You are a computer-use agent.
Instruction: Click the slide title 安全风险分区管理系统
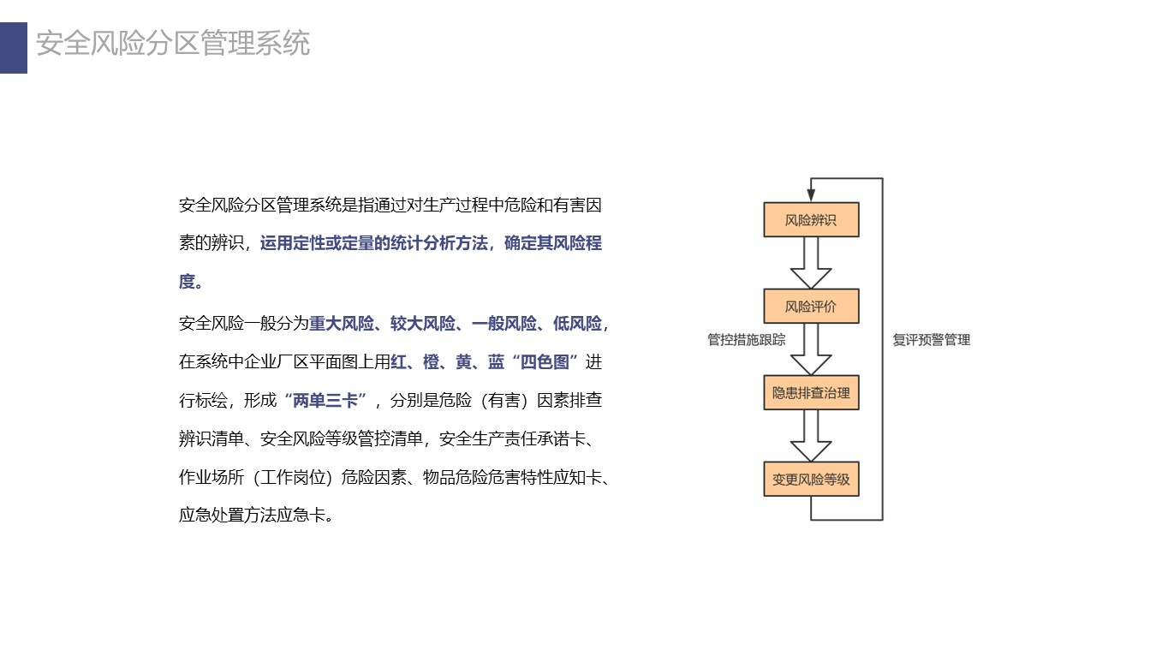173,43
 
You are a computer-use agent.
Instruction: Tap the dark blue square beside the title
14,47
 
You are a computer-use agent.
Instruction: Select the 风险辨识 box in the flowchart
811,220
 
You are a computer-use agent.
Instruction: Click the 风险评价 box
811,306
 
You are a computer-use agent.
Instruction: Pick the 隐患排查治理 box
811,393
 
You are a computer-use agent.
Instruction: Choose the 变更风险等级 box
811,479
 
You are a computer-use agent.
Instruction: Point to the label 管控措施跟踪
746,340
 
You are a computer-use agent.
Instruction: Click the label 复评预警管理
932,340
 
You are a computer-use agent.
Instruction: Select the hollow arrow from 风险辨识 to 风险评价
811,263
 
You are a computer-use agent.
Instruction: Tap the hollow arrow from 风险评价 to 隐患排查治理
811,349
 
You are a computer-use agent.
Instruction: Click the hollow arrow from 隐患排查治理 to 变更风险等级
811,436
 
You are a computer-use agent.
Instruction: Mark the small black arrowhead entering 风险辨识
811,194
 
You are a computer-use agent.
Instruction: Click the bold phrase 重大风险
342,324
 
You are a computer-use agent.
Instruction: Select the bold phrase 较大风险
423,324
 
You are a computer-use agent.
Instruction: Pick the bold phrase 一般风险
504,324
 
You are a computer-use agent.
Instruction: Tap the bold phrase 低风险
577,324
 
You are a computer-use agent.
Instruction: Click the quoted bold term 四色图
545,362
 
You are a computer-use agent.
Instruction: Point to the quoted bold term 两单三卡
325,400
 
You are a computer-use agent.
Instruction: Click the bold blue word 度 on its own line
187,282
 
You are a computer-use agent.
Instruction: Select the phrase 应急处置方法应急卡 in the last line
253,515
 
